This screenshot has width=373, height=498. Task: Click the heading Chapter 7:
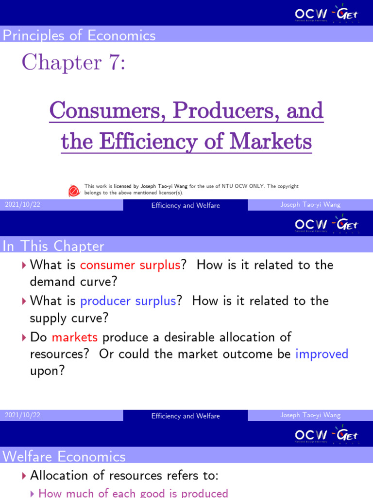(x=73, y=63)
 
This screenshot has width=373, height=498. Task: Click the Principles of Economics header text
(x=79, y=36)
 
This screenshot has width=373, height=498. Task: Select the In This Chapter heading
(x=53, y=246)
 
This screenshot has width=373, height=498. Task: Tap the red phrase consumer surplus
(x=130, y=265)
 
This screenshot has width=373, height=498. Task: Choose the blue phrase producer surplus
(x=128, y=301)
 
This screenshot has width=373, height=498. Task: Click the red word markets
(x=75, y=337)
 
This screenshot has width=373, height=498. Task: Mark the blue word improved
(x=322, y=354)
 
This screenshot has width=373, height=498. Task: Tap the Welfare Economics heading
(x=64, y=457)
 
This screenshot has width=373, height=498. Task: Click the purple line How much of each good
(x=133, y=493)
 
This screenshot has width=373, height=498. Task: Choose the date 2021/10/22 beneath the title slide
(x=22, y=205)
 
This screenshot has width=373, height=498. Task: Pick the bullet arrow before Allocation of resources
(x=24, y=476)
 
